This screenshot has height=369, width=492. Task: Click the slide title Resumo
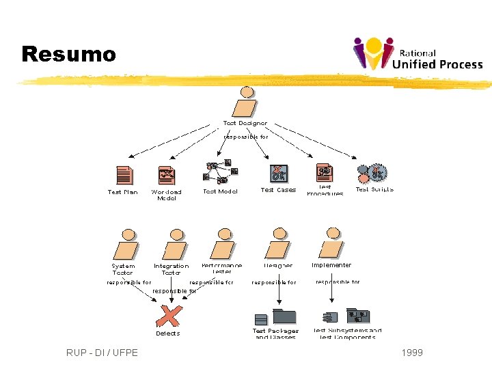(69, 54)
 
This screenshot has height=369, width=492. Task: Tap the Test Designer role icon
(246, 103)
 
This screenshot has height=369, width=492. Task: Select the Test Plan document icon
(124, 176)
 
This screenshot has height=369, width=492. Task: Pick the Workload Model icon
(166, 176)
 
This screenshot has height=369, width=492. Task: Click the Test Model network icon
(221, 172)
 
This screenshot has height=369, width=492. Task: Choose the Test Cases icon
(278, 174)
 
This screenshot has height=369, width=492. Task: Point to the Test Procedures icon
(325, 173)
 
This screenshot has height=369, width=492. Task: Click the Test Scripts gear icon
(373, 174)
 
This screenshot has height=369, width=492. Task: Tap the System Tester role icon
(127, 247)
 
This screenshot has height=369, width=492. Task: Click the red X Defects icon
(169, 315)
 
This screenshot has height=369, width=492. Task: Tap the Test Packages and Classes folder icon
(276, 317)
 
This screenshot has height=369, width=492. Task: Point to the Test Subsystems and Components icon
(347, 316)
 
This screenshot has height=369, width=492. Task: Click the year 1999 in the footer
(412, 353)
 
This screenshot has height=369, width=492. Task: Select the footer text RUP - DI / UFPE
(102, 353)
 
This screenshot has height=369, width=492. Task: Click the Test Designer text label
(245, 124)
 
